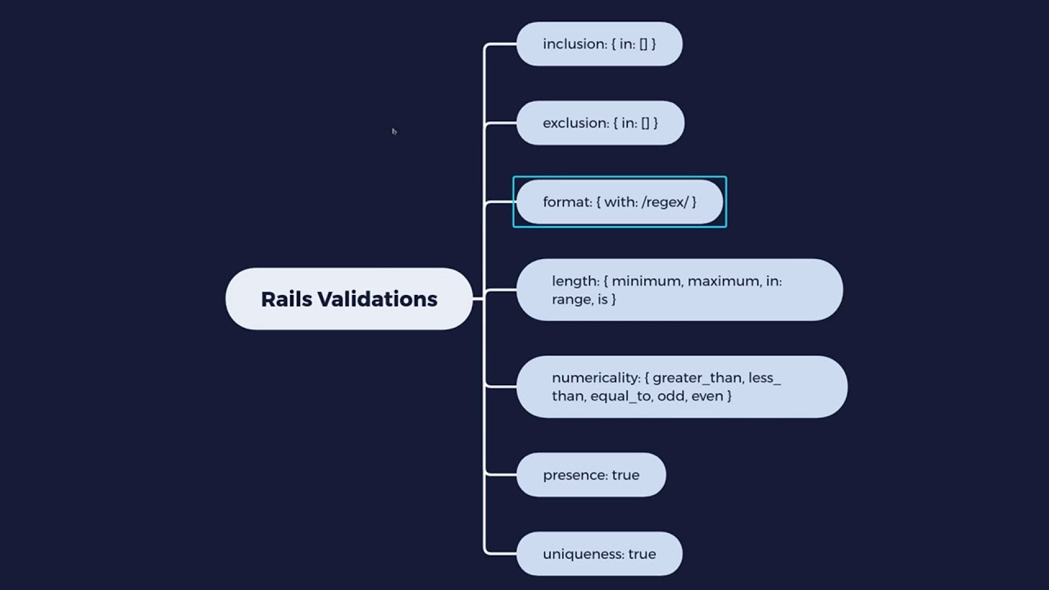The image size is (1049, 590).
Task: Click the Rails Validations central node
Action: (x=348, y=299)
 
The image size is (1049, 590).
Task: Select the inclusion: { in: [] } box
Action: (x=599, y=44)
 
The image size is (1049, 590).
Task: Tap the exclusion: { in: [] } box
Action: (x=600, y=123)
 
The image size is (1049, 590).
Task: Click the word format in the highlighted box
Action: (x=566, y=202)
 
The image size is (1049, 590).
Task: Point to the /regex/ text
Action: (x=665, y=202)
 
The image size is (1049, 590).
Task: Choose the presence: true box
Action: (x=591, y=475)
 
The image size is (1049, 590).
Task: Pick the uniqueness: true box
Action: (x=599, y=554)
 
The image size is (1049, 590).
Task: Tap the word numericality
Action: (x=595, y=378)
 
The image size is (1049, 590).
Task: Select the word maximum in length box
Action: (x=723, y=281)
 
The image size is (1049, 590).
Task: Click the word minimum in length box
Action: (x=647, y=281)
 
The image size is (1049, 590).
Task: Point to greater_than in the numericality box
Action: (x=697, y=378)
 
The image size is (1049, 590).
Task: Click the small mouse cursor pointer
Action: (x=394, y=131)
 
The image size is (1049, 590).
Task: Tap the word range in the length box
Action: (x=571, y=300)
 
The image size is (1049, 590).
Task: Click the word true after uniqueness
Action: (x=642, y=554)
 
